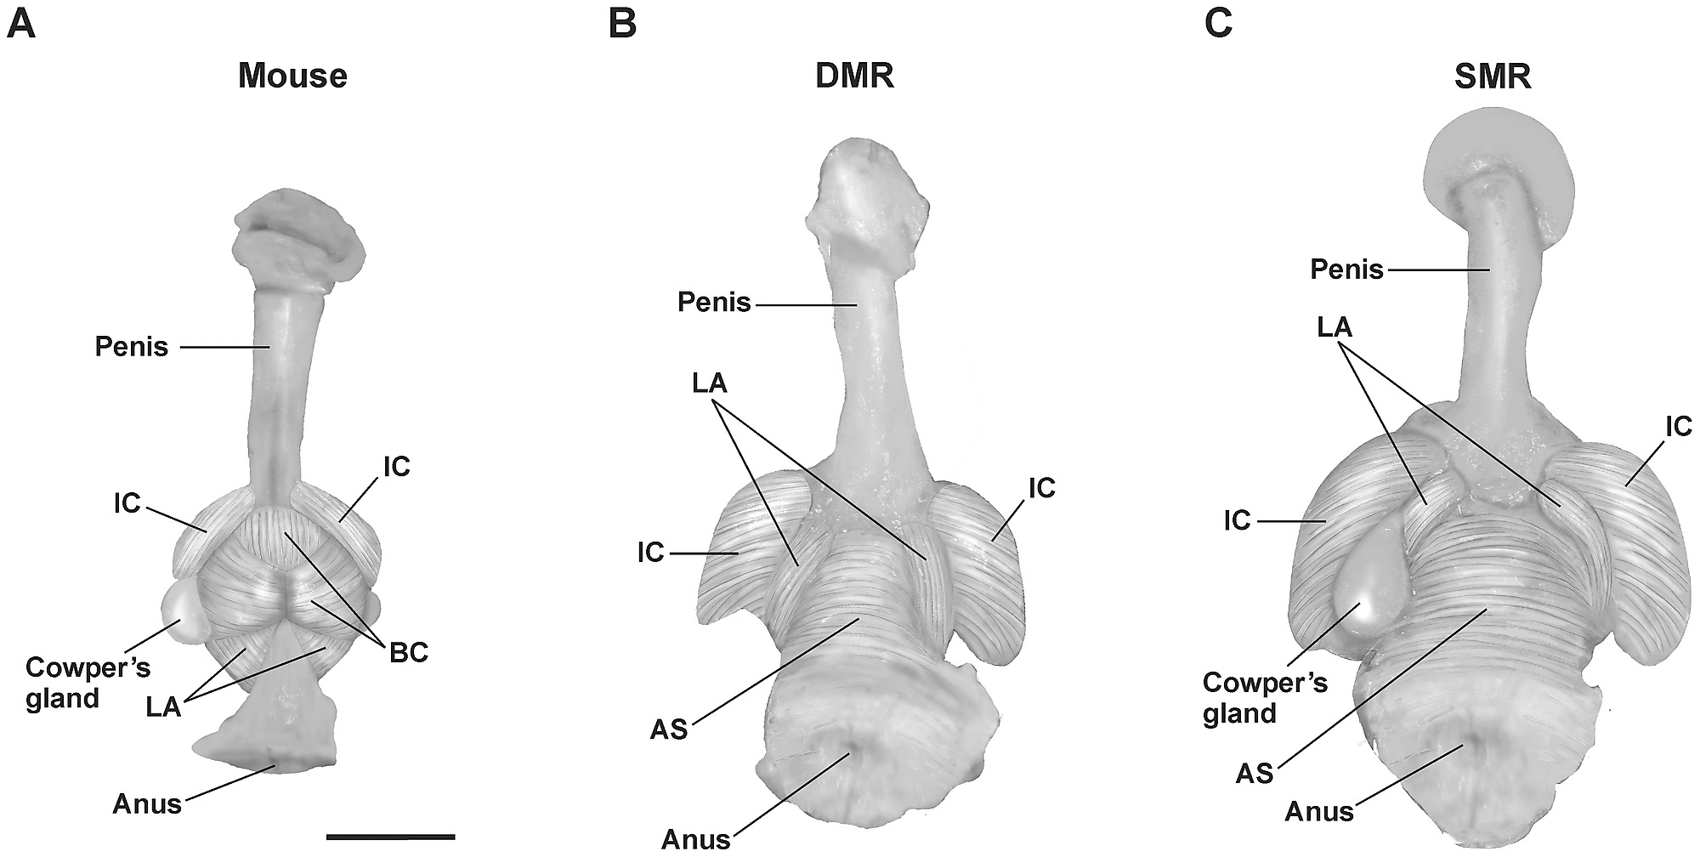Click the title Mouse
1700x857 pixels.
292,77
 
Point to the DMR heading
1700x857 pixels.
854,77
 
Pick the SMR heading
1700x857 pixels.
1492,77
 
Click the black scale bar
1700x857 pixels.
390,837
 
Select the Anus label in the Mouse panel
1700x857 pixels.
147,803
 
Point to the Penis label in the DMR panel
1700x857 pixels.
714,302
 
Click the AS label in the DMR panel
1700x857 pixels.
668,729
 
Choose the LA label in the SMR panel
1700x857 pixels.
1334,326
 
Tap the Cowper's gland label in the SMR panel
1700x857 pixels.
1264,697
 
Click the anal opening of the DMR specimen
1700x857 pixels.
849,752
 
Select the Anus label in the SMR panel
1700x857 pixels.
1318,811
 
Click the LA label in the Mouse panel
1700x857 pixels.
164,706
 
